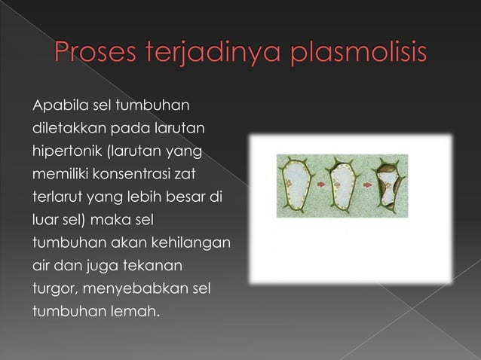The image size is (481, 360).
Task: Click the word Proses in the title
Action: pos(93,57)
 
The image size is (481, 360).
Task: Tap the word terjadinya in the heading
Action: pos(213,57)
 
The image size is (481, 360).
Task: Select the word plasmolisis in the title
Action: pos(354,57)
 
